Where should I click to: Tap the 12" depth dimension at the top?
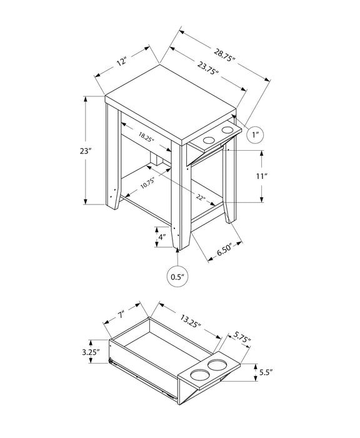(121, 61)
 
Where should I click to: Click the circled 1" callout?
(254, 135)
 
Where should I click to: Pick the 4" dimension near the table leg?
(162, 238)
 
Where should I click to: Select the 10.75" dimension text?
(147, 184)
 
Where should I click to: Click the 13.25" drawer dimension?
(192, 323)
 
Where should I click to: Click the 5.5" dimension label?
(266, 374)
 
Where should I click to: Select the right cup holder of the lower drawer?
(219, 365)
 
